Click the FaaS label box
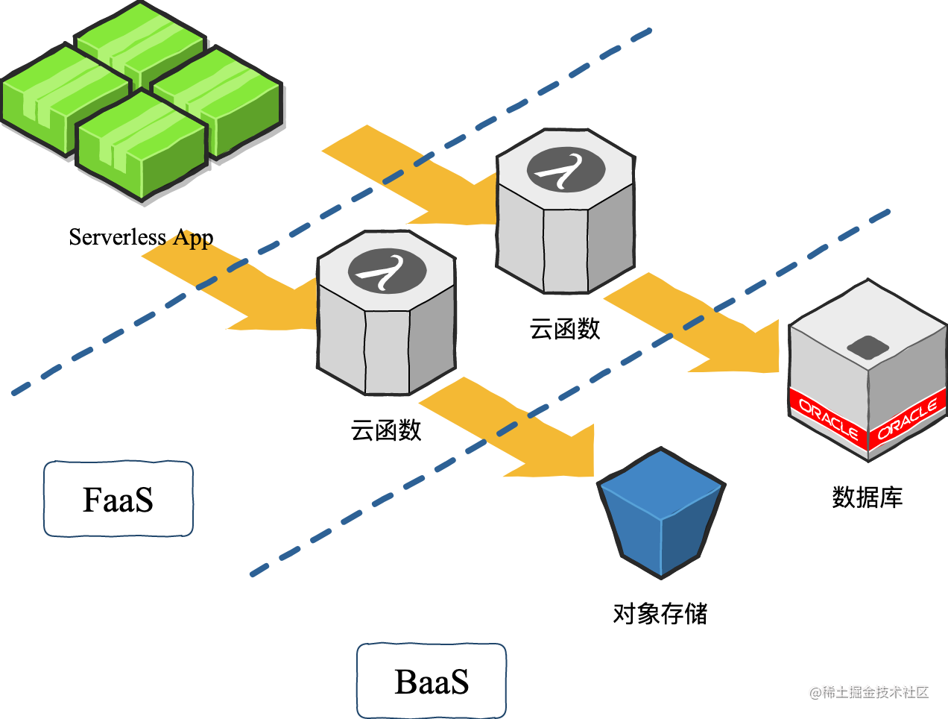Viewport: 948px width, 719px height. coord(118,499)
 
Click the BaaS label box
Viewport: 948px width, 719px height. coord(432,681)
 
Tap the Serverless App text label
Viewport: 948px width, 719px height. coord(141,237)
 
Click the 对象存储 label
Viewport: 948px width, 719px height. coord(660,613)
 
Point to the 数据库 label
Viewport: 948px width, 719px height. coord(867,497)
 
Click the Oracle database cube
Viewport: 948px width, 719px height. coord(868,373)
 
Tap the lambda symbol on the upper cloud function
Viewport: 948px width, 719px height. coord(566,170)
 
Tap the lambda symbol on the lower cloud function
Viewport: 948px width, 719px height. coord(387,271)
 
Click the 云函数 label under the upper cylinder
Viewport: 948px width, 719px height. coord(565,328)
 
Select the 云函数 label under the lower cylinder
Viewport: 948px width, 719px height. coord(386,430)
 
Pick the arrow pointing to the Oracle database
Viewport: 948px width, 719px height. coord(701,328)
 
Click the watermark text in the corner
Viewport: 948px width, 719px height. coord(869,692)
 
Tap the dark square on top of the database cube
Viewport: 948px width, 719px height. coord(868,347)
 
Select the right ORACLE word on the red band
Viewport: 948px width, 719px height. coord(908,419)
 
